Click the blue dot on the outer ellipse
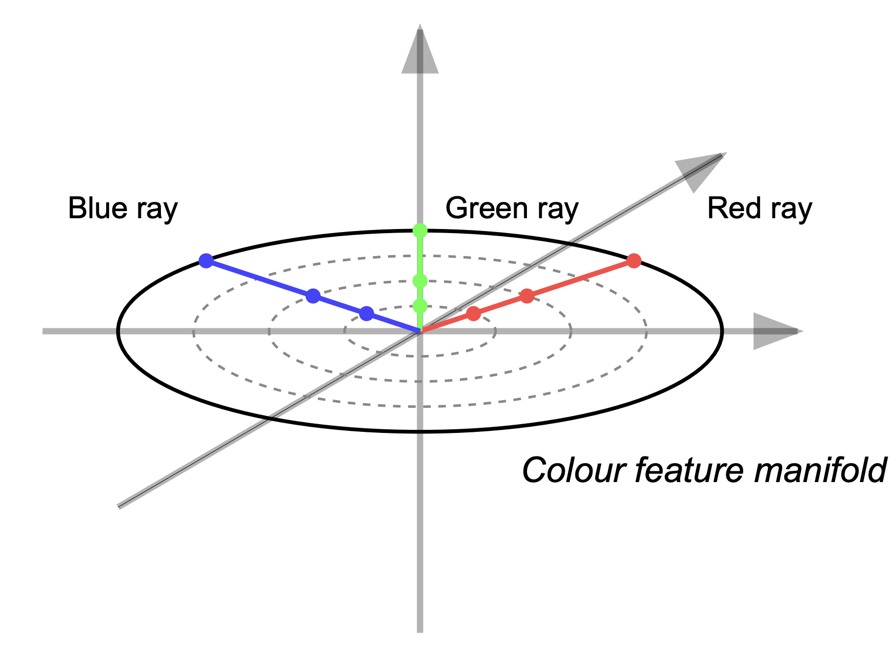(206, 261)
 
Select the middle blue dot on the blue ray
(313, 296)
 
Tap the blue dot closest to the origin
(366, 314)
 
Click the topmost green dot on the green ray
(420, 231)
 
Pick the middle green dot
(420, 281)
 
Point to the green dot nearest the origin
(420, 306)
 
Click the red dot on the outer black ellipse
(634, 261)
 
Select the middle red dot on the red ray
(527, 296)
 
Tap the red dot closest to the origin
(474, 314)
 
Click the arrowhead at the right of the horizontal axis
(774, 331)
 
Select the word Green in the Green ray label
(486, 209)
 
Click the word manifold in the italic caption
(820, 470)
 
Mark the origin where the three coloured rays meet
(420, 331)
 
